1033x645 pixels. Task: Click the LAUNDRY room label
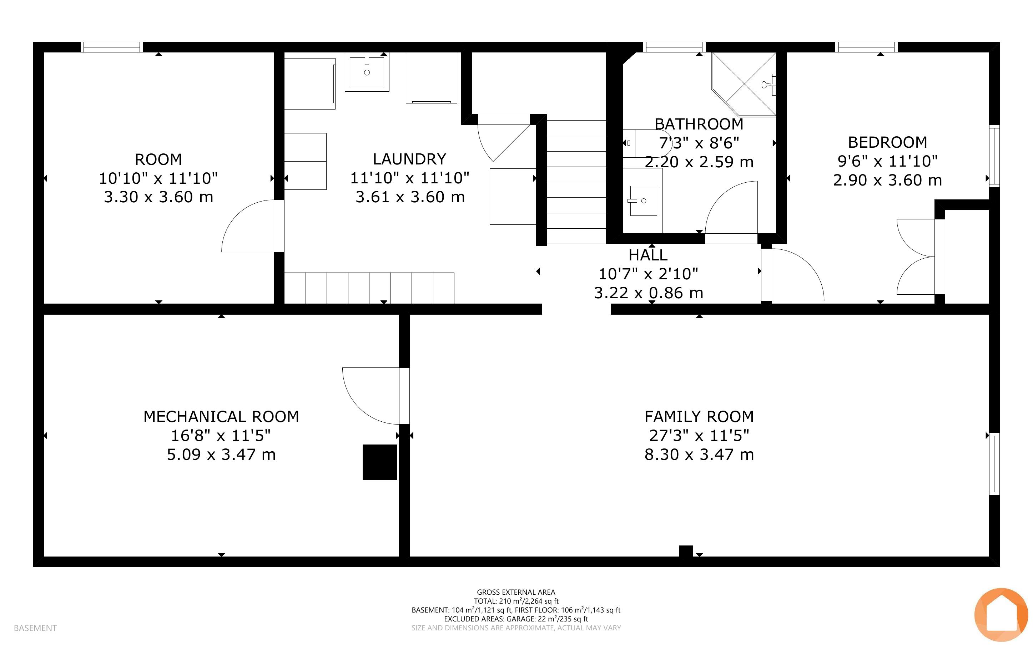(410, 159)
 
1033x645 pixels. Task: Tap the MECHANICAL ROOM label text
(221, 416)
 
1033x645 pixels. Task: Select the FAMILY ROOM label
(699, 416)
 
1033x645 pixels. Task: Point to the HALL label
(648, 255)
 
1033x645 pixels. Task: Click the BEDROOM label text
(887, 142)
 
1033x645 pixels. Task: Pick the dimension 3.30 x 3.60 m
(158, 197)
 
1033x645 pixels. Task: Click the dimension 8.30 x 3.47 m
(699, 454)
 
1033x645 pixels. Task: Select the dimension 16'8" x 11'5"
(221, 436)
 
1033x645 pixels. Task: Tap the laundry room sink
(367, 72)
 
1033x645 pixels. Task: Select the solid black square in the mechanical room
(380, 462)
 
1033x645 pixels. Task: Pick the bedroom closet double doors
(917, 257)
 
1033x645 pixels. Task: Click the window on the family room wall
(994, 464)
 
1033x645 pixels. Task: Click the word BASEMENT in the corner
(35, 628)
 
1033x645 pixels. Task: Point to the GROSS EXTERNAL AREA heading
(516, 592)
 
